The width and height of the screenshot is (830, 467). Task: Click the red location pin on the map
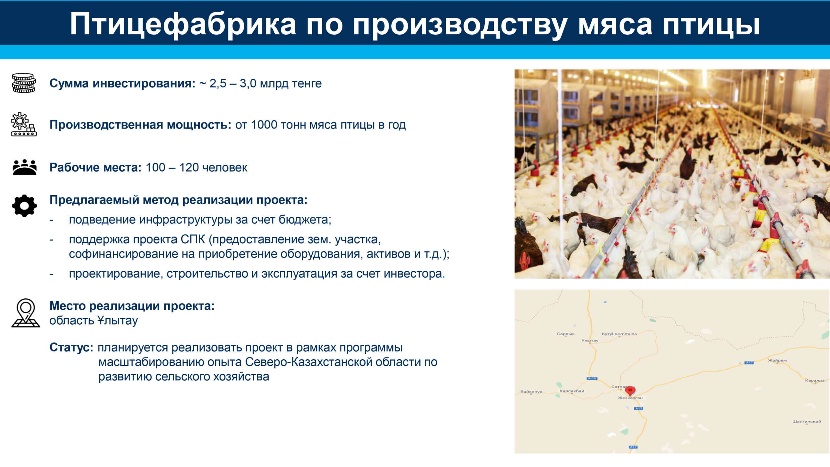tap(630, 391)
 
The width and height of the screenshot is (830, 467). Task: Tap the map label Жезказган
tap(630, 398)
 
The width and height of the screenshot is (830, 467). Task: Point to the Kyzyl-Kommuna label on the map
tap(619, 334)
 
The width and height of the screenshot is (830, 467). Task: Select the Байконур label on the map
tap(531, 392)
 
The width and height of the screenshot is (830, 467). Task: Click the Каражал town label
tap(815, 380)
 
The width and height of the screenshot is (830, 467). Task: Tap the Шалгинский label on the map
tap(807, 422)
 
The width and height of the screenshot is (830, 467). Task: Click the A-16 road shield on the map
tap(592, 378)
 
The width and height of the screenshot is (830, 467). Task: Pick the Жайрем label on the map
tap(777, 360)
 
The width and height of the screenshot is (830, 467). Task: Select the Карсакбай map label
tap(572, 391)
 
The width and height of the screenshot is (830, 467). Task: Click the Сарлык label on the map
tap(566, 334)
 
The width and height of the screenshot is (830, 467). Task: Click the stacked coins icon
tap(24, 83)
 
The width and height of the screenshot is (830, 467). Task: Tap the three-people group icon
tap(25, 167)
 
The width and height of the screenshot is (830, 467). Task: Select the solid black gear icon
tap(24, 206)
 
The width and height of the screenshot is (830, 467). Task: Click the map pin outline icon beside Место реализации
tap(26, 313)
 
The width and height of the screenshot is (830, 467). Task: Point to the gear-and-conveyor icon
tap(24, 124)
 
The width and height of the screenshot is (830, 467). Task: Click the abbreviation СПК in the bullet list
tap(193, 239)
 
